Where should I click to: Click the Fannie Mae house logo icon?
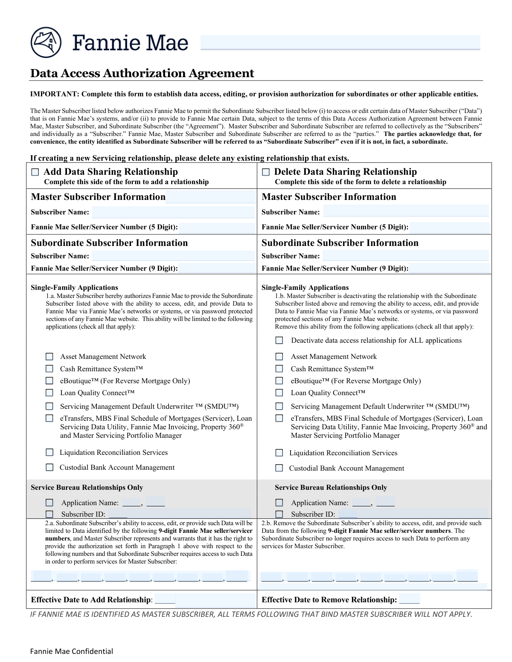[46, 43]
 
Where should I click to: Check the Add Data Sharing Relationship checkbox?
[35, 172]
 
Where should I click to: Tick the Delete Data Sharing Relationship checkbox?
[266, 172]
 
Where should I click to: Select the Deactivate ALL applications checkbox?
[279, 340]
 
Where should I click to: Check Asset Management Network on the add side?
[49, 356]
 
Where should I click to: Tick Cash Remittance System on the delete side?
[279, 369]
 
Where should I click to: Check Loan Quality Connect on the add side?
[49, 393]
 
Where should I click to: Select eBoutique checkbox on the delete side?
[279, 381]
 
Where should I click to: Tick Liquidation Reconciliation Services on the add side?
[49, 452]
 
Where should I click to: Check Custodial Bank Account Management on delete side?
[279, 468]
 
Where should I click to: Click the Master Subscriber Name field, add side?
[173, 212]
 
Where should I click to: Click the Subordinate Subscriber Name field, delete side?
[405, 256]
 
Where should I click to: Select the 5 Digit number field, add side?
[216, 227]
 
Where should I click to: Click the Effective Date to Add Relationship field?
[205, 600]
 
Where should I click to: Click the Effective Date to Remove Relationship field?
[410, 600]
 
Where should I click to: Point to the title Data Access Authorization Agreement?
[142, 73]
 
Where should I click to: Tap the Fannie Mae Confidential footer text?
[72, 651]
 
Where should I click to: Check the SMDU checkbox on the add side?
[49, 406]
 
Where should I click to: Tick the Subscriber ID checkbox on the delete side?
[279, 514]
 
